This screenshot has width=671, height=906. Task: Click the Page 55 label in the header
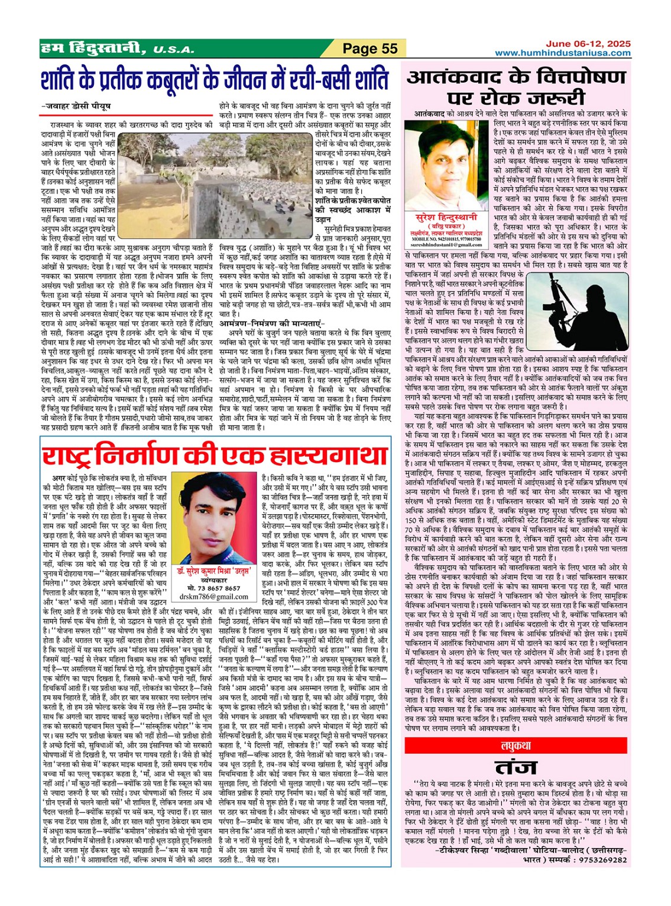tap(370, 48)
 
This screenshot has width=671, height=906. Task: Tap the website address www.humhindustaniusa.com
tap(562, 53)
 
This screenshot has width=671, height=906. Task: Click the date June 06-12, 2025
tap(588, 44)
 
